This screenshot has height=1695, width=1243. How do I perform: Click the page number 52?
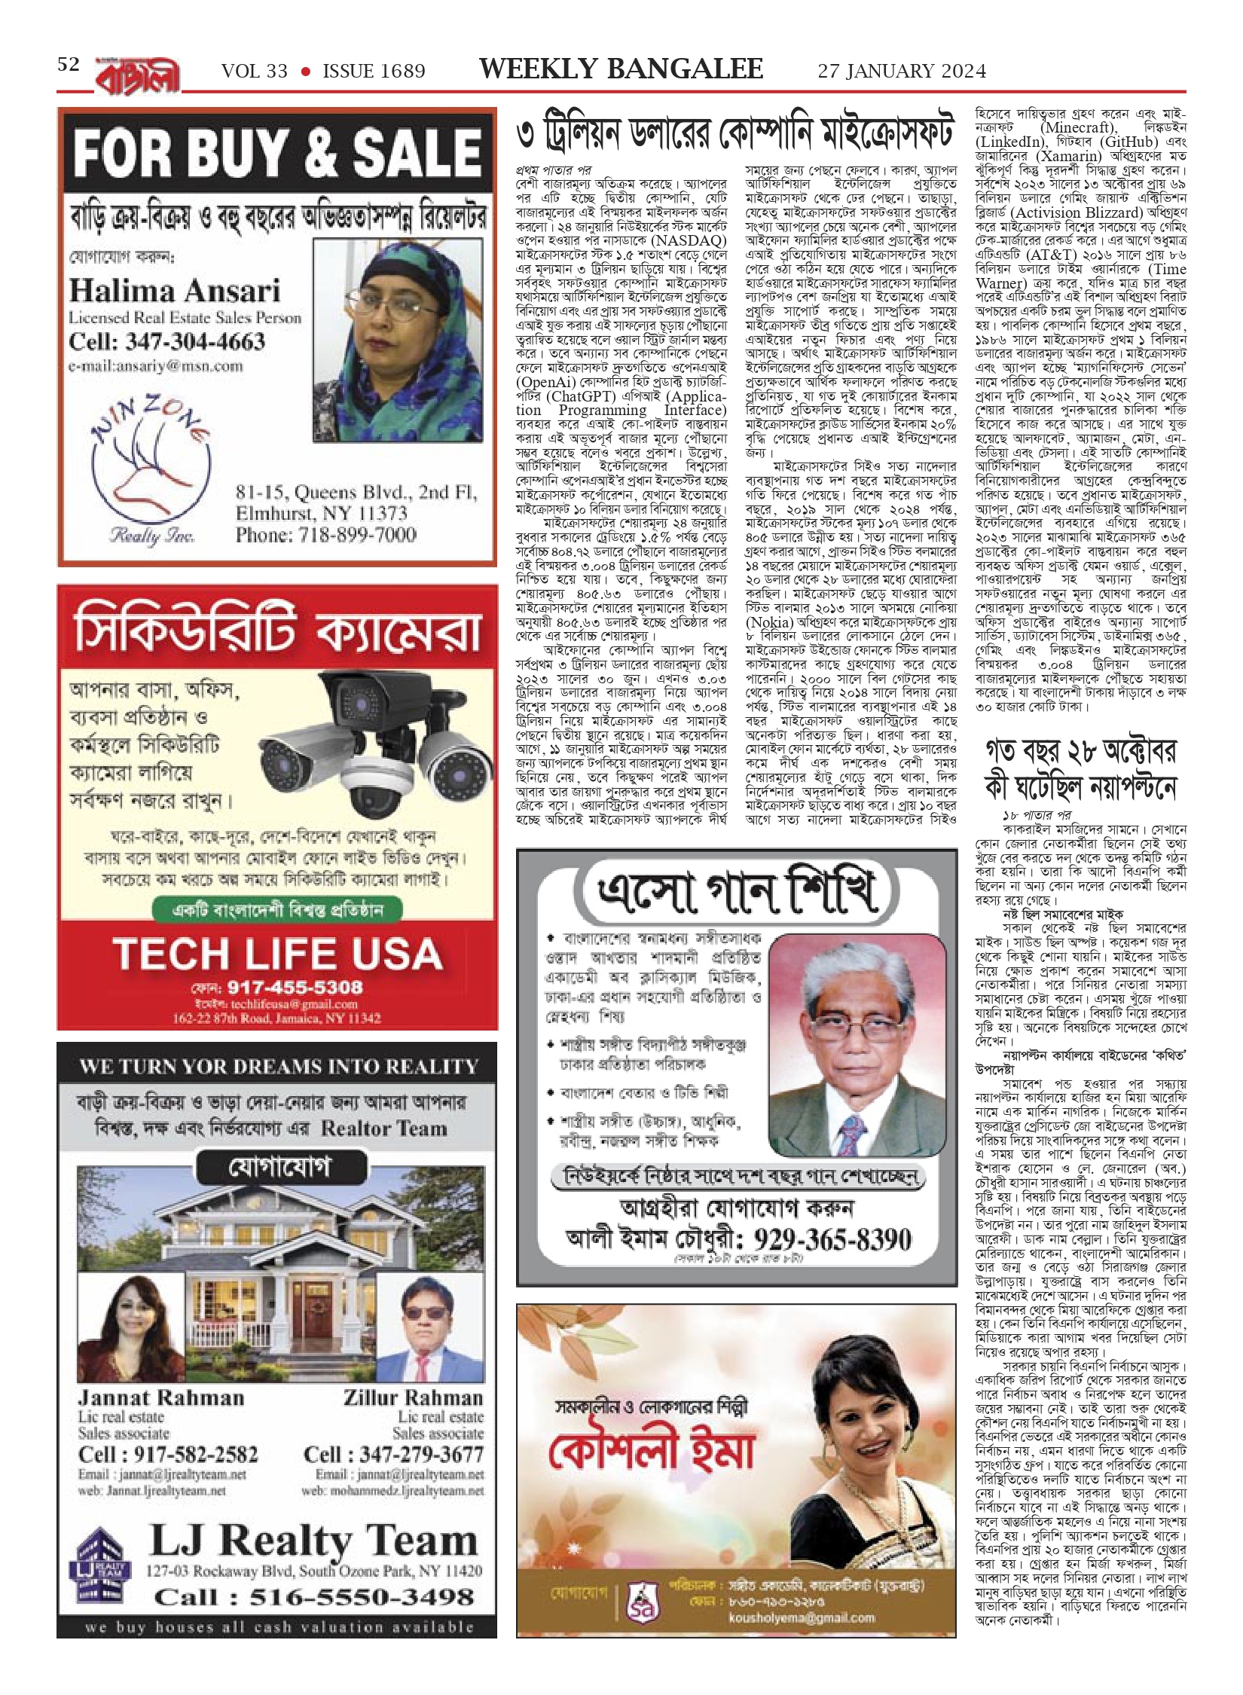pos(69,65)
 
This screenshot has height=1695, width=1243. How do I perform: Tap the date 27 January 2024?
pos(901,71)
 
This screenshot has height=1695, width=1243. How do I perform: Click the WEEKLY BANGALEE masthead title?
pos(621,69)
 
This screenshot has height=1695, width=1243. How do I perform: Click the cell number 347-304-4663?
pos(166,341)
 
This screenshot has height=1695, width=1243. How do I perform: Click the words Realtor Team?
pos(383,1128)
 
